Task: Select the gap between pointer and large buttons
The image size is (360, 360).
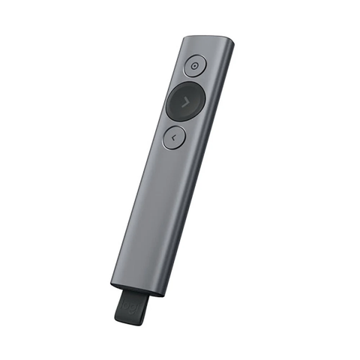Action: pos(191,81)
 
